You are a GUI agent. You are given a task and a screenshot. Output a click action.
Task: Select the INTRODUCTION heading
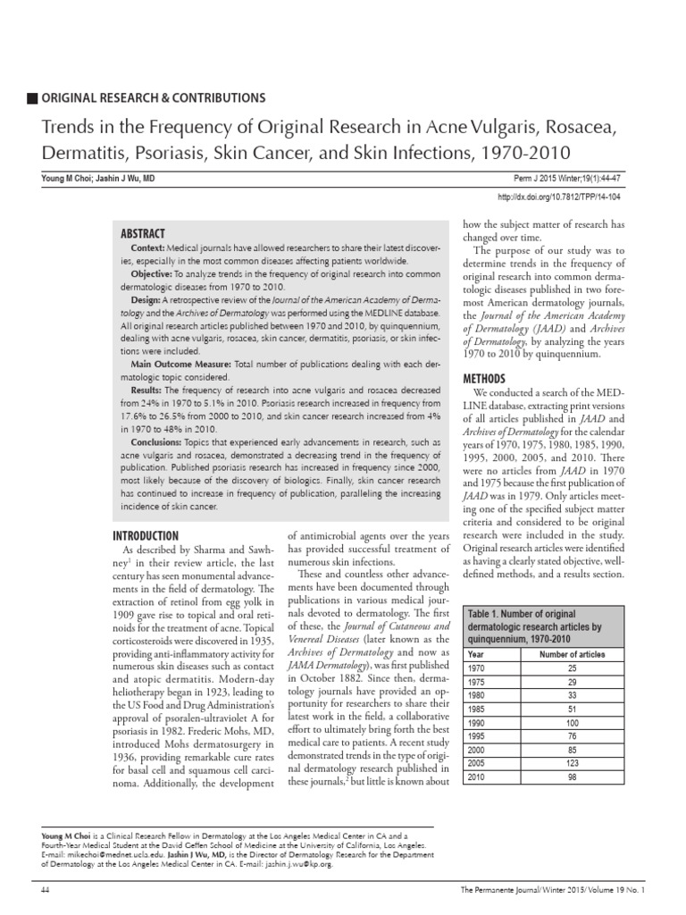(x=147, y=536)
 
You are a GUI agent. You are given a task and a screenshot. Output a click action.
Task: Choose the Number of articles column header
(x=573, y=654)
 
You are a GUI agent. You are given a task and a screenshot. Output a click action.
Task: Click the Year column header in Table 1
(x=477, y=654)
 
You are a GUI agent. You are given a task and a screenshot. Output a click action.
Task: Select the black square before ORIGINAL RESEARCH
(x=34, y=97)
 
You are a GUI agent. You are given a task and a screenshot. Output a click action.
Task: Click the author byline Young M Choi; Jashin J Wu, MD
(x=97, y=179)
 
